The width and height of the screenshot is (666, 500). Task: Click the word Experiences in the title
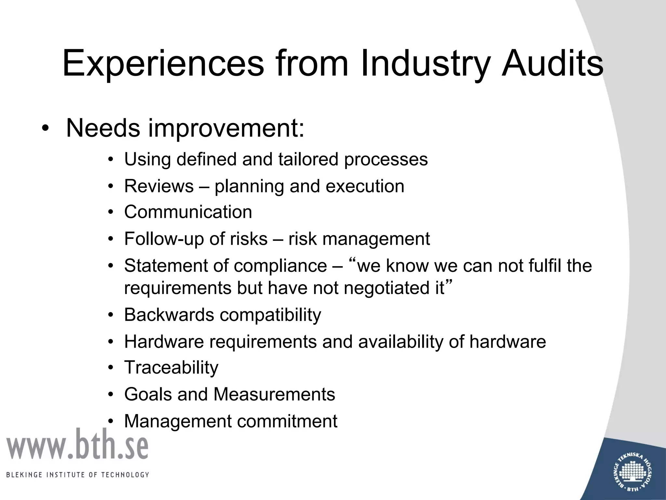(163, 63)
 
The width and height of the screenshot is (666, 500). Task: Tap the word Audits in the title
(552, 63)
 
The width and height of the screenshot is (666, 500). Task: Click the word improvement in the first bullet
(226, 129)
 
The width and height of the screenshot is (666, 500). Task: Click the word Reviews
(159, 186)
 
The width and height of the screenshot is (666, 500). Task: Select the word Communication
(188, 212)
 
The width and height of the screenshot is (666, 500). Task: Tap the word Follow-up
(164, 239)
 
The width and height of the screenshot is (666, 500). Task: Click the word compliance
(280, 266)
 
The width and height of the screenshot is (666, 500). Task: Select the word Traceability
(171, 368)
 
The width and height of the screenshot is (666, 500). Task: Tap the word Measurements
(274, 395)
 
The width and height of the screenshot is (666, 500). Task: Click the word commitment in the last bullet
(287, 421)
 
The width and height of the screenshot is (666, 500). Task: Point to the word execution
(365, 186)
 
